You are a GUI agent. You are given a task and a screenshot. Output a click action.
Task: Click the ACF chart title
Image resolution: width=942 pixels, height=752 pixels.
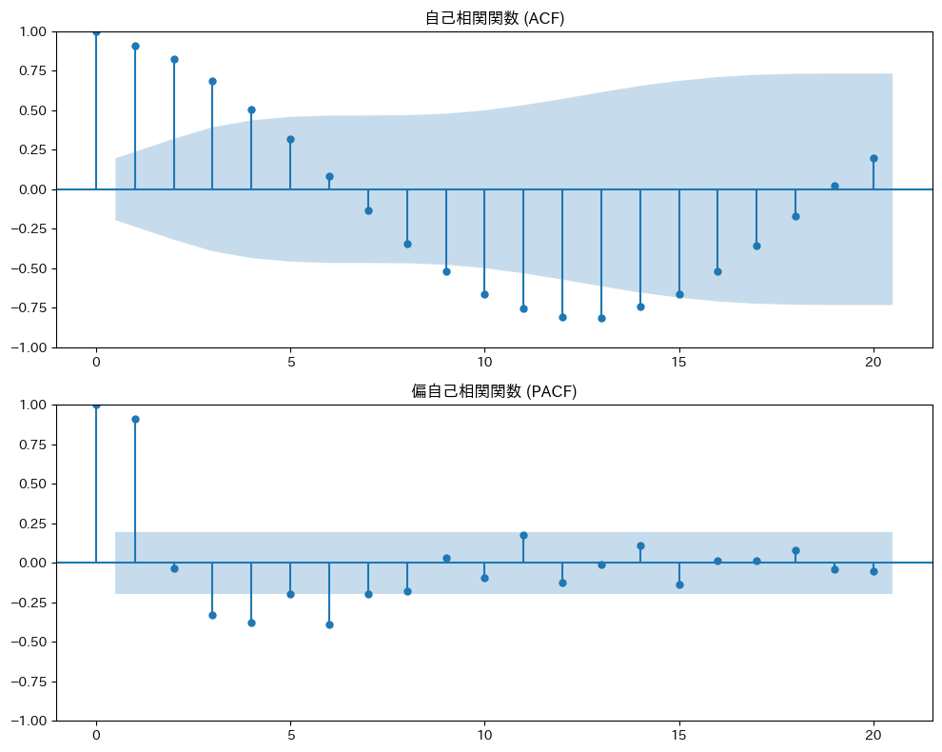point(494,18)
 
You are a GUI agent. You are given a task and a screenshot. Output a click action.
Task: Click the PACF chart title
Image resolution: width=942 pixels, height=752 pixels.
point(494,391)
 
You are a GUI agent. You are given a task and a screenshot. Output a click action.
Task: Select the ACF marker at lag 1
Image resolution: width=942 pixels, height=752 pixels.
point(135,46)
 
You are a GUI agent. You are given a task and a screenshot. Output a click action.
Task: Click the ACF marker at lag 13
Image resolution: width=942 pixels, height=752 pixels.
point(601,318)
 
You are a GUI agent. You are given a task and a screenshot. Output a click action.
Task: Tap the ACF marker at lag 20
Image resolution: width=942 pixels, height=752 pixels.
point(873,158)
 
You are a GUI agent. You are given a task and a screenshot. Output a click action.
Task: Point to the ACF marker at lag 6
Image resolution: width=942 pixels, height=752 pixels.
point(329,176)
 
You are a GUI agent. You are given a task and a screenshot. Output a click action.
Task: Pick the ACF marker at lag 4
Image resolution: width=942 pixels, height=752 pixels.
point(251,109)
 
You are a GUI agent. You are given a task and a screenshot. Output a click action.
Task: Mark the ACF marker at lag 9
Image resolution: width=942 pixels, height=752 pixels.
point(446,271)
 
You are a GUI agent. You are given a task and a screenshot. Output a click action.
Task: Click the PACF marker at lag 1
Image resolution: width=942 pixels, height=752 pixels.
point(135,419)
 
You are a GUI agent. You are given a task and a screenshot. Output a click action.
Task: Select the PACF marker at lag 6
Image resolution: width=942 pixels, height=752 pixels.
point(329,624)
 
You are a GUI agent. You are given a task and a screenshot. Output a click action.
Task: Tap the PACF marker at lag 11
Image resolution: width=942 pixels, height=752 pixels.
point(523,535)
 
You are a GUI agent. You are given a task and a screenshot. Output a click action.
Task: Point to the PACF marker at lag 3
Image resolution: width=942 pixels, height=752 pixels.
point(212,615)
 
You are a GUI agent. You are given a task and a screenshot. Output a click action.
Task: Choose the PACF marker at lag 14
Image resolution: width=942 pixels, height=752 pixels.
point(640,545)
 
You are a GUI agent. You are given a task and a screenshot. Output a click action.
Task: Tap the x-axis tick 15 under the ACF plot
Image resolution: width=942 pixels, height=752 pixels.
point(679,363)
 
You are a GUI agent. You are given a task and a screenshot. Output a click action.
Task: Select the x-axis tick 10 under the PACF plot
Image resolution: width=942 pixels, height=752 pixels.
point(484,736)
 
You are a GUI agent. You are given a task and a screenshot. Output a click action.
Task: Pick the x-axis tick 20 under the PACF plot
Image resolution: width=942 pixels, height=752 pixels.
point(873,736)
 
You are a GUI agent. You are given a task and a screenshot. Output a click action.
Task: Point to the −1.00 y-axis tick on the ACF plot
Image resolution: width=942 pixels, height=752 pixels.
point(29,347)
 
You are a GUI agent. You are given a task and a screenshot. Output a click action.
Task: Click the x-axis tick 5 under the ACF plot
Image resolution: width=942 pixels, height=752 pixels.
point(290,363)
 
